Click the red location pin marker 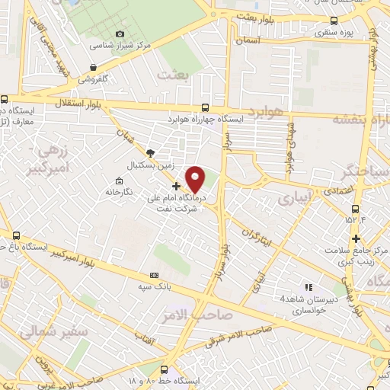pyautogui.click(x=196, y=179)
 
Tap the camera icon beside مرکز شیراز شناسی pyautogui.click(x=120, y=34)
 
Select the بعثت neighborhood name pyautogui.click(x=171, y=75)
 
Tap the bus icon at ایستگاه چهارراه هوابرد pyautogui.click(x=205, y=108)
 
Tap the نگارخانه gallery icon pyautogui.click(x=118, y=181)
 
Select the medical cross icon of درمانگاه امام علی pyautogui.click(x=176, y=185)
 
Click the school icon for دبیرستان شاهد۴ pyautogui.click(x=308, y=287)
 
